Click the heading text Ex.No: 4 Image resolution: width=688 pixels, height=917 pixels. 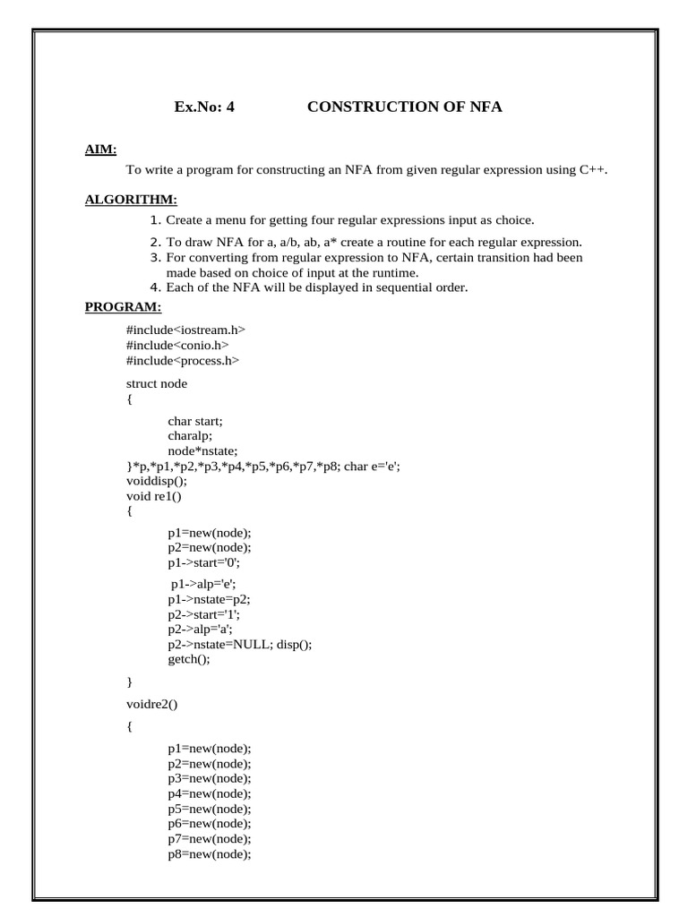coord(204,107)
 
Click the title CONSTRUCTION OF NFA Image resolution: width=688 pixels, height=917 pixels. coord(405,107)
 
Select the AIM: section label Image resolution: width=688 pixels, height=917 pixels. coord(101,149)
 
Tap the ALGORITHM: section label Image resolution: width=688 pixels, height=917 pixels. coord(131,198)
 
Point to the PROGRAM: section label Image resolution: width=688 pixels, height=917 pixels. coord(124,307)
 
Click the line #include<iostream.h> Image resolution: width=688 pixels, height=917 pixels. coord(185,330)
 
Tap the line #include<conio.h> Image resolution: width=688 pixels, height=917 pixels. coord(177,345)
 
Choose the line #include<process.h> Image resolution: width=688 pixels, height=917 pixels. coord(183,360)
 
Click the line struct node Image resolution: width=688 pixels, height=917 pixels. coord(157,383)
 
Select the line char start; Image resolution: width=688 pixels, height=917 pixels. coord(195,421)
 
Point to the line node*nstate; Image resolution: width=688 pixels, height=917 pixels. coord(202,450)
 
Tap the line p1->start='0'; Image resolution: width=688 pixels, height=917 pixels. coord(204,563)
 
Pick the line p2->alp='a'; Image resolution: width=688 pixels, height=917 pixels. coord(198,629)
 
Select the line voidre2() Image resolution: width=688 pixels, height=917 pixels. coord(152,703)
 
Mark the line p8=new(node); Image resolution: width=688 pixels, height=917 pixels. coord(209,854)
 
